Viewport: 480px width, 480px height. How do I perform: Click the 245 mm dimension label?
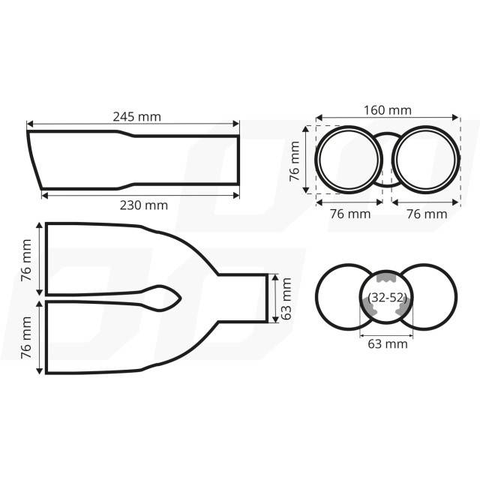(x=136, y=117)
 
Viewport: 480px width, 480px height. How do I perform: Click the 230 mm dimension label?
(x=143, y=205)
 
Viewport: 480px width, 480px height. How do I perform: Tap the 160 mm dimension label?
(x=387, y=110)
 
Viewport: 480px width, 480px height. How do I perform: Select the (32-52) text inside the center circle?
(x=388, y=297)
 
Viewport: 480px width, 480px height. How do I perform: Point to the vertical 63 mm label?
(x=286, y=298)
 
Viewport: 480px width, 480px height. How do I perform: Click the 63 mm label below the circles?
(x=388, y=343)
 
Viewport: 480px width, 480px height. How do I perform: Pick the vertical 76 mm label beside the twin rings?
(x=295, y=161)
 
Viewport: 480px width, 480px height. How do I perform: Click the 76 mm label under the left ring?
(x=350, y=214)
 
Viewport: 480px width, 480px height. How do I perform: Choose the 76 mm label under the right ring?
(x=427, y=214)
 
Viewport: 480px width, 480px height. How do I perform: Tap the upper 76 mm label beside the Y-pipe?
(x=26, y=260)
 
